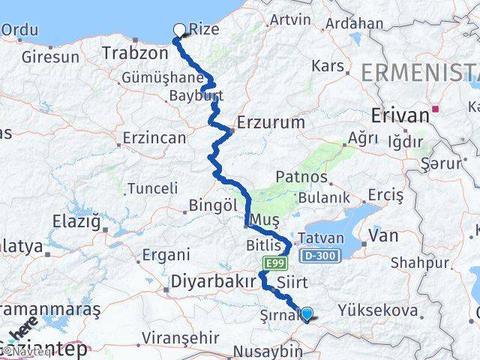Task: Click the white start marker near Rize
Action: click(179, 30)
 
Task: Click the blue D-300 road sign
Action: click(322, 256)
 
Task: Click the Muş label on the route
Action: click(268, 219)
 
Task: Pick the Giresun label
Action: click(50, 56)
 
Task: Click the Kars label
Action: click(327, 66)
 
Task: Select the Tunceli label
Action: click(153, 188)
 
